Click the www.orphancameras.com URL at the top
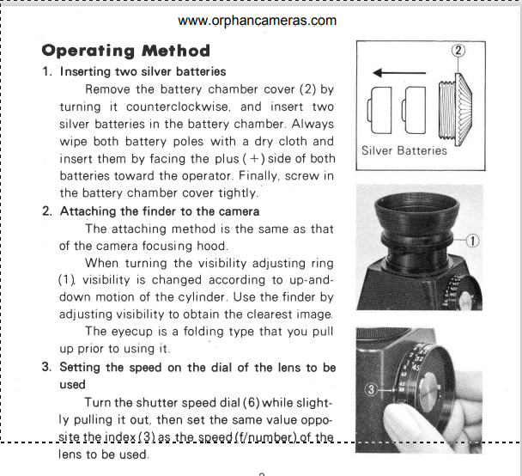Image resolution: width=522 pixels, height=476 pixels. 258,21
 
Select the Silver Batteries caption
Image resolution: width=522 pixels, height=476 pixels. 404,150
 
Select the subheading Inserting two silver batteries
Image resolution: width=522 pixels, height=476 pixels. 143,71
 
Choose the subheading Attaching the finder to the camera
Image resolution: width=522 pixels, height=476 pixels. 160,211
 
